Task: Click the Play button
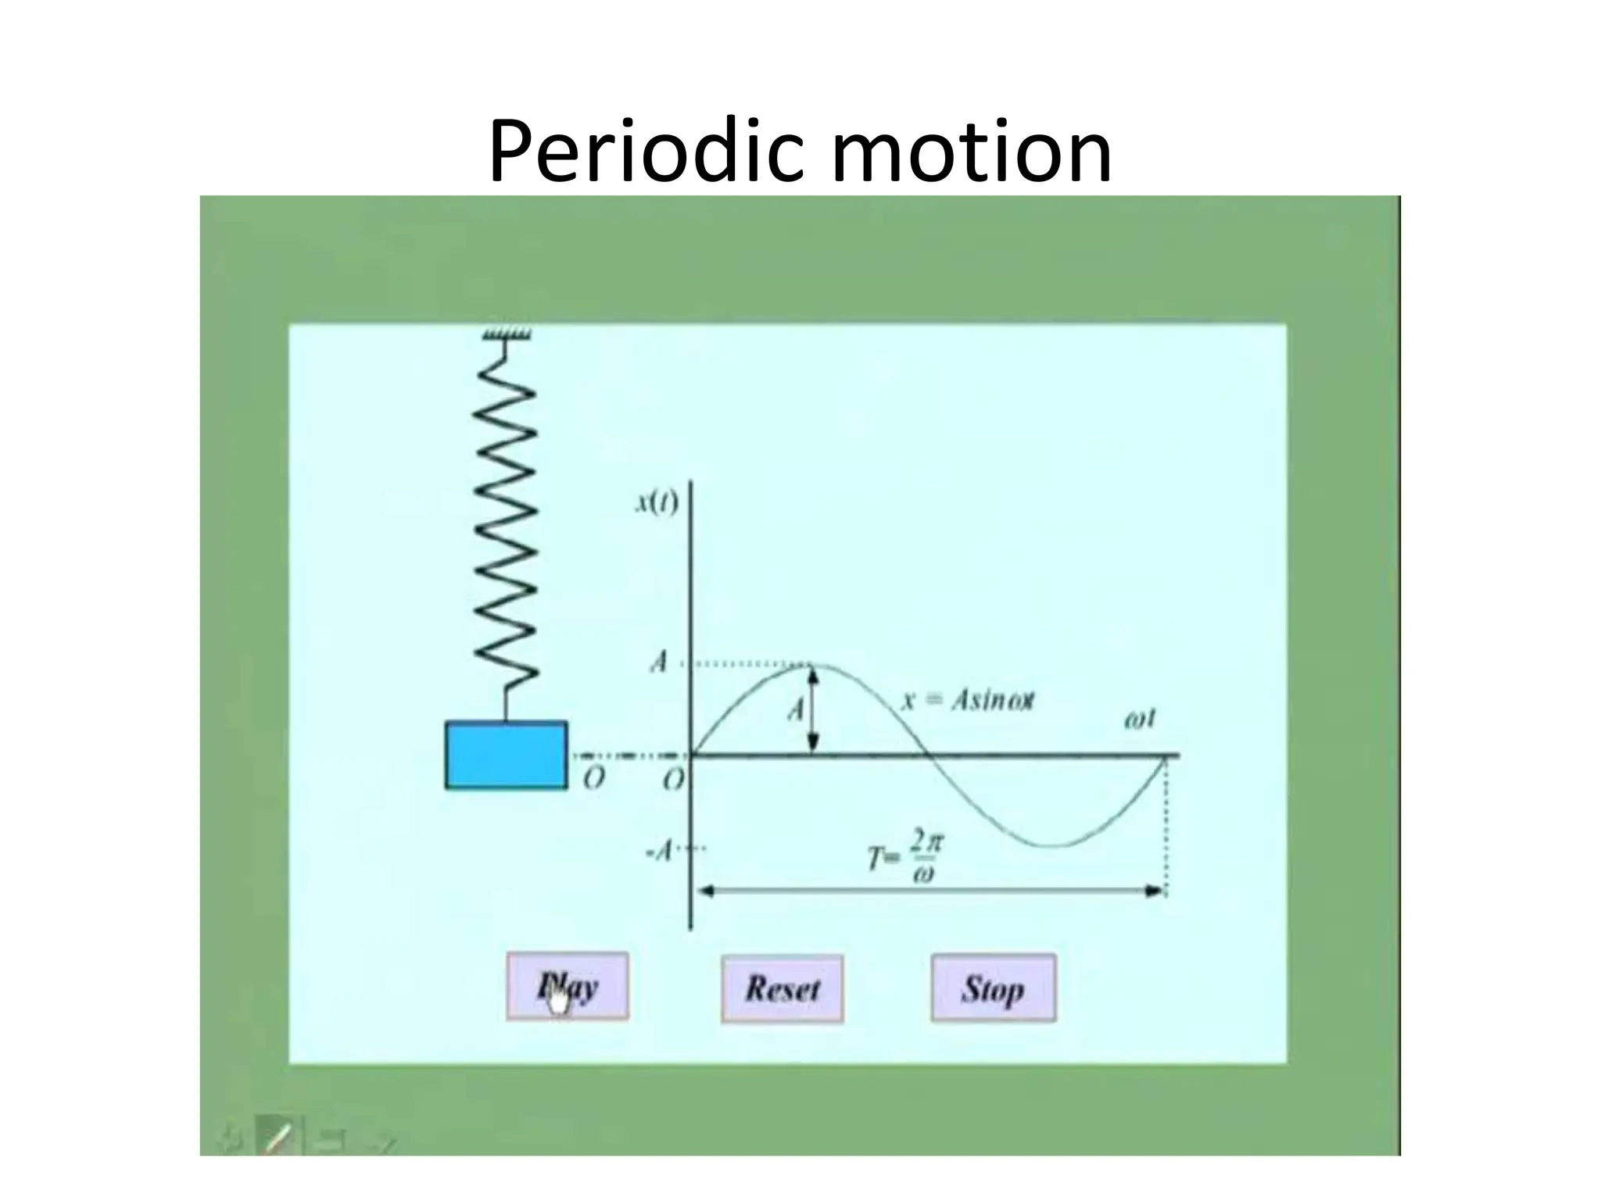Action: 567,986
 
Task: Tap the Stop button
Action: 993,988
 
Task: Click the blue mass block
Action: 506,755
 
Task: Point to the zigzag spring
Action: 507,531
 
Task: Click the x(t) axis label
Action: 657,502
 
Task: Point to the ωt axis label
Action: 1139,720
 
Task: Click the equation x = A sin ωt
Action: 969,700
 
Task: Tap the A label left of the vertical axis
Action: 659,663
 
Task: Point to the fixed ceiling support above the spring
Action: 507,335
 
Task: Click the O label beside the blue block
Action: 594,778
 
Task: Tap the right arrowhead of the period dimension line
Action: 1155,891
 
